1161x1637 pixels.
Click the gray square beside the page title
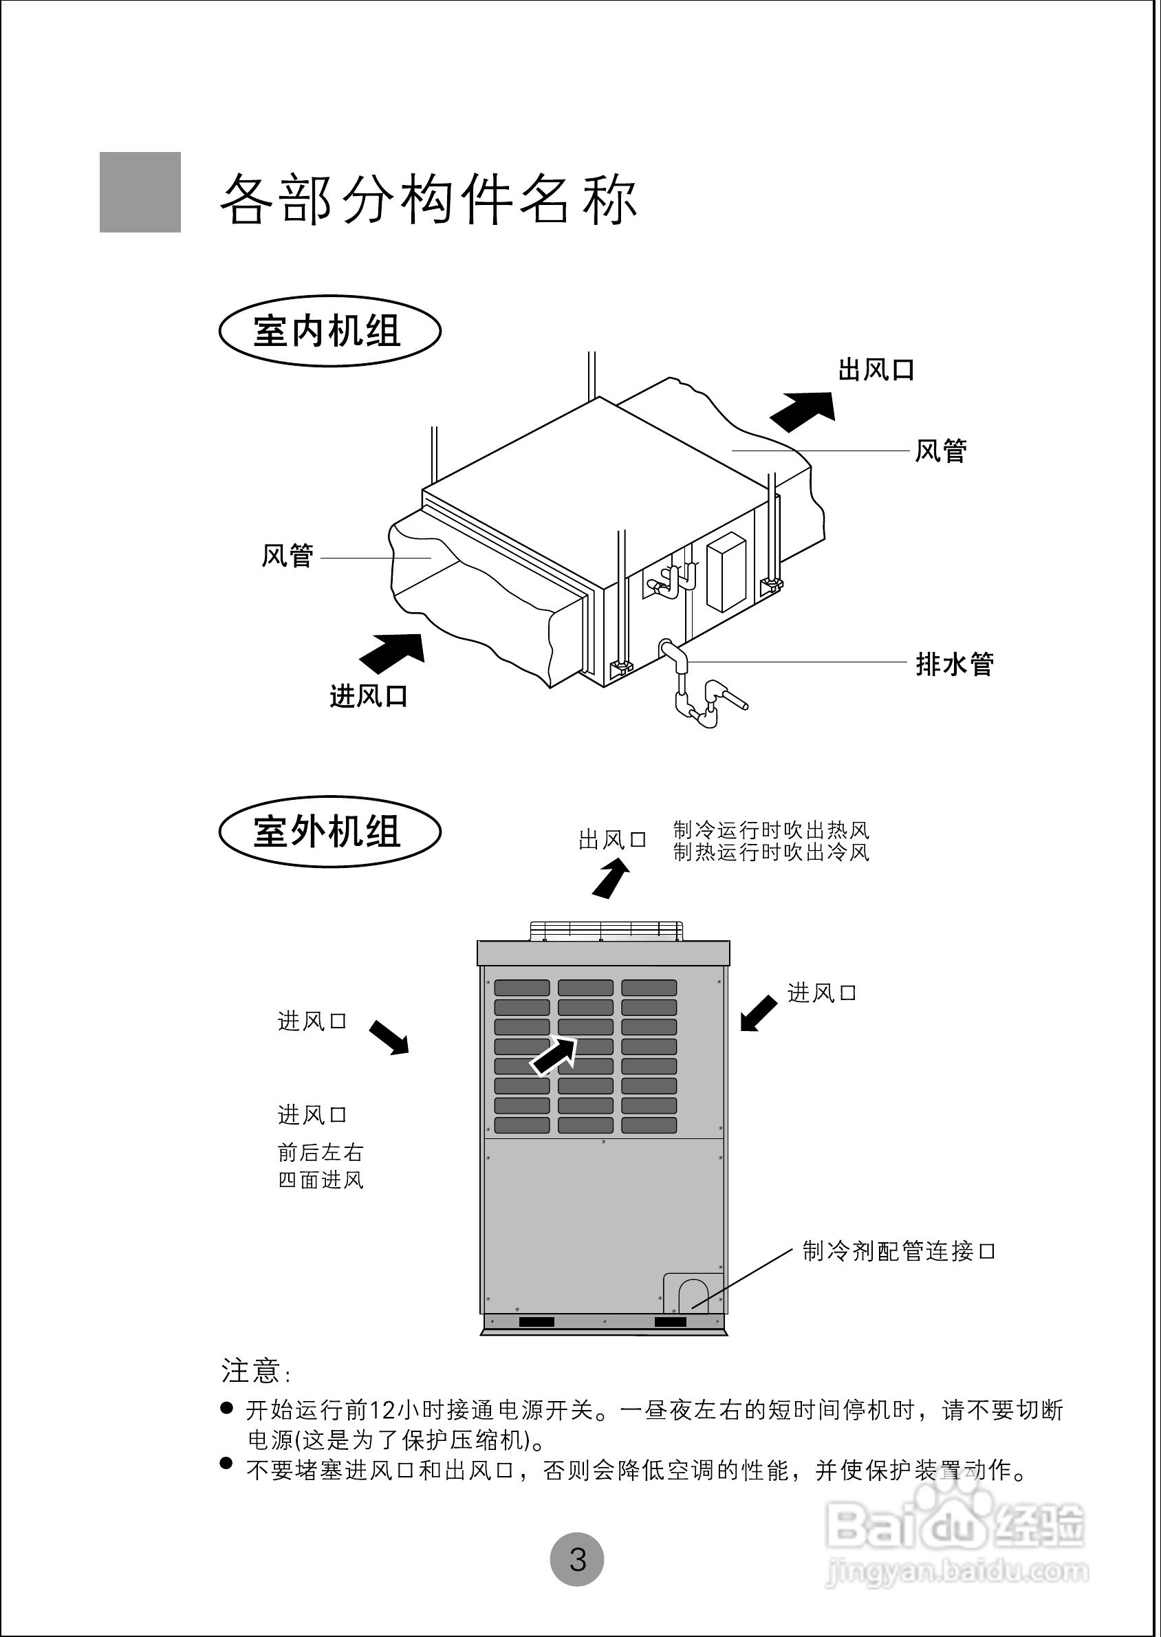pyautogui.click(x=140, y=193)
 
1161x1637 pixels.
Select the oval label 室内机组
pyautogui.click(x=329, y=332)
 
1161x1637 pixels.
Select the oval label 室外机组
pyautogui.click(x=329, y=832)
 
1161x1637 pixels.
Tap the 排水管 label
pyautogui.click(x=955, y=664)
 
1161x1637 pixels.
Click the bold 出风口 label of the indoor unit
pyautogui.click(x=876, y=370)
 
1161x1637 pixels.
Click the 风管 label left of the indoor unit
pyautogui.click(x=287, y=556)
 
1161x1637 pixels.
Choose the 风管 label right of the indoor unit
pyautogui.click(x=941, y=451)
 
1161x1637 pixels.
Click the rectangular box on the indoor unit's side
pyautogui.click(x=726, y=572)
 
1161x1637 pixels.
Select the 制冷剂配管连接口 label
pyautogui.click(x=898, y=1251)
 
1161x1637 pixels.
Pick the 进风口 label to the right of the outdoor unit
pyautogui.click(x=821, y=993)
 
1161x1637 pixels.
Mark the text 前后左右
pyautogui.click(x=321, y=1152)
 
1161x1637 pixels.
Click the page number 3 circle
pyautogui.click(x=577, y=1559)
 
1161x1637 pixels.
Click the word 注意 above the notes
pyautogui.click(x=250, y=1371)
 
